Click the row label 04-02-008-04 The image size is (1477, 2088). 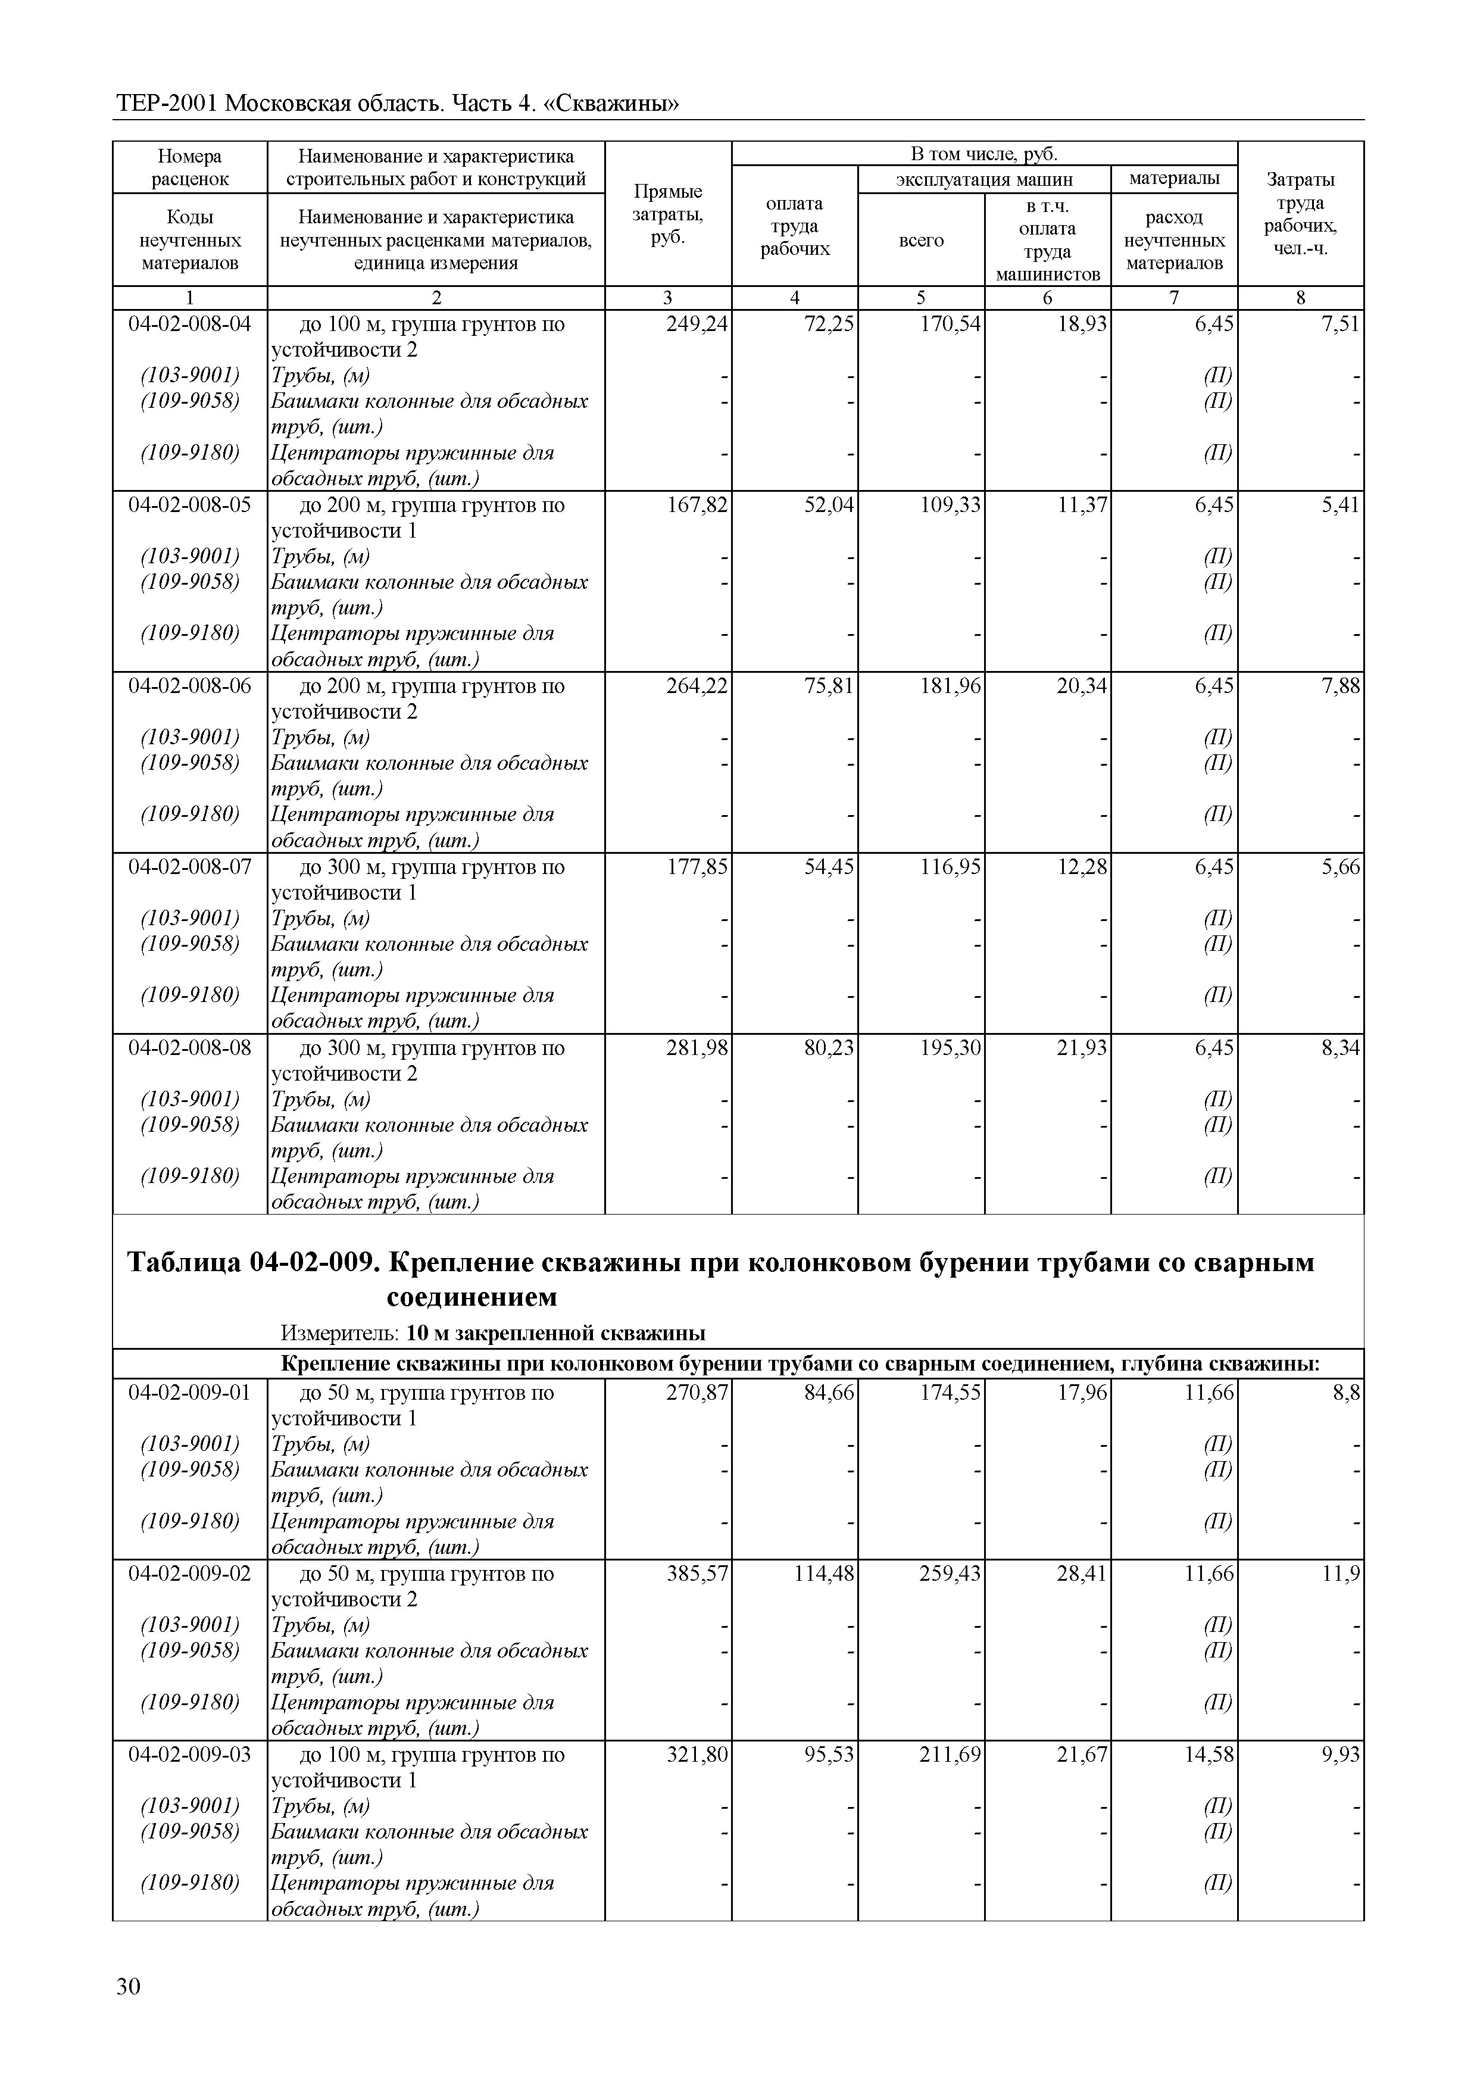[189, 324]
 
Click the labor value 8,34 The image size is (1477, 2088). [1341, 1048]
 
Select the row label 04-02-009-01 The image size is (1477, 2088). [189, 1393]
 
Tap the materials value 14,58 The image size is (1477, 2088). [1209, 1754]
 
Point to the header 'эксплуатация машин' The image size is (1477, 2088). [984, 179]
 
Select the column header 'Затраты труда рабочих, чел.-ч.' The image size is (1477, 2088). [1301, 214]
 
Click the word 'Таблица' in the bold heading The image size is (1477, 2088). [184, 1262]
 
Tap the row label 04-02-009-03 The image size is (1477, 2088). [189, 1754]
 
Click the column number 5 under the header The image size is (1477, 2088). [922, 297]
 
